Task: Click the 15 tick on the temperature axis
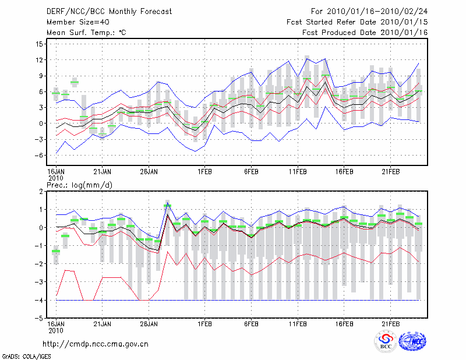click(39, 44)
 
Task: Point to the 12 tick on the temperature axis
click(39, 60)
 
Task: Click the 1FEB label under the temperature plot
click(204, 172)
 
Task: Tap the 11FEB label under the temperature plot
click(298, 172)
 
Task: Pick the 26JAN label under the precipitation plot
click(149, 323)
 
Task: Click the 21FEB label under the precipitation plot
click(391, 323)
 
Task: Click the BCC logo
click(386, 342)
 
